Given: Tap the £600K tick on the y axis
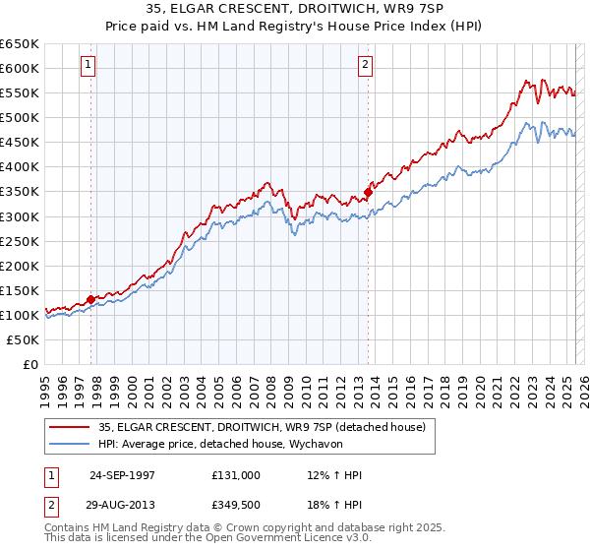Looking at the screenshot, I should [21, 69].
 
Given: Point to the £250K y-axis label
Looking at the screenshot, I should [21, 241].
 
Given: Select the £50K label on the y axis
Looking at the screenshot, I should [24, 339].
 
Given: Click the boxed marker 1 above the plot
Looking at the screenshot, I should [88, 66].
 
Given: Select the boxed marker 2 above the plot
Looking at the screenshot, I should [365, 66].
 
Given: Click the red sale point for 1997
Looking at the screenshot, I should [91, 299].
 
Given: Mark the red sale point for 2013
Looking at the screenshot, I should [368, 192].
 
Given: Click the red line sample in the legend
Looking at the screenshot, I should [69, 427].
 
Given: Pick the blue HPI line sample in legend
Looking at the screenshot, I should [69, 444].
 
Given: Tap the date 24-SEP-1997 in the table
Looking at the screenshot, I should [122, 475].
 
